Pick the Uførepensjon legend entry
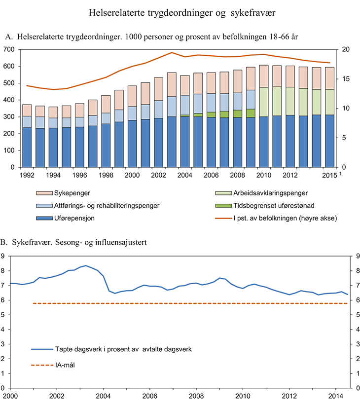pos(74,217)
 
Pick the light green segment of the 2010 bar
pos(264,102)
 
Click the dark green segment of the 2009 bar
pos(251,113)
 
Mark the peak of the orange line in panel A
pos(172,52)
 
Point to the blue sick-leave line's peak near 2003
pos(86,265)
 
